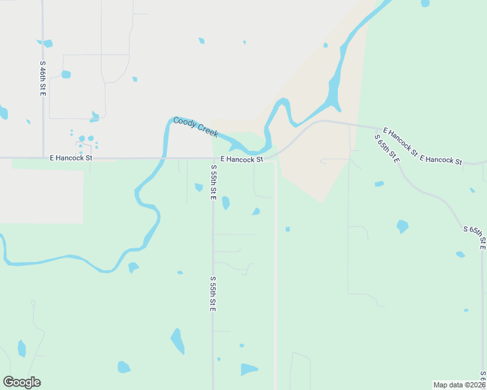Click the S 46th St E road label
click(42, 79)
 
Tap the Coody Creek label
click(195, 127)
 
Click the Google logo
click(21, 382)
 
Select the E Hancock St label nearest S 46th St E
click(71, 157)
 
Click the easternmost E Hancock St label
click(441, 160)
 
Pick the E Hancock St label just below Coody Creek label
click(242, 159)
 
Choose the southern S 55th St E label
click(213, 293)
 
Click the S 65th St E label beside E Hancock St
click(387, 148)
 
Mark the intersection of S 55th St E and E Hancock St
click(213, 158)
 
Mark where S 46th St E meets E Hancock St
click(43, 157)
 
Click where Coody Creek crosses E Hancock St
click(165, 157)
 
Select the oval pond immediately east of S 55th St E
click(225, 203)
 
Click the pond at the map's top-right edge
click(425, 3)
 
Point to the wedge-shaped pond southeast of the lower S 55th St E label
click(248, 369)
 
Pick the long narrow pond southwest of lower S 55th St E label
click(177, 341)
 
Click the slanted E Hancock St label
click(400, 142)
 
